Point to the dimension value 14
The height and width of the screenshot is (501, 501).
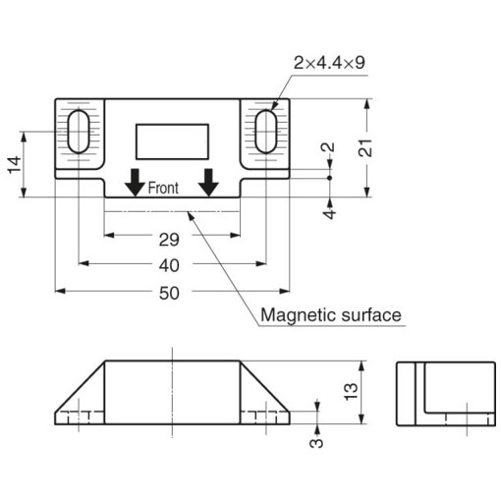tap(14, 165)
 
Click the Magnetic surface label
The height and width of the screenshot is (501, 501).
tap(331, 315)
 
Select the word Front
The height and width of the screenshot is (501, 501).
tap(163, 188)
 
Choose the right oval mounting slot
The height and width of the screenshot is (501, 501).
tap(265, 132)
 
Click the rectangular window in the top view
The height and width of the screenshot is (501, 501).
tap(172, 139)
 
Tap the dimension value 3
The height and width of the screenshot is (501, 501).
tap(316, 441)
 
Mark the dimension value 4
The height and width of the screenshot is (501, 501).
tap(330, 211)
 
